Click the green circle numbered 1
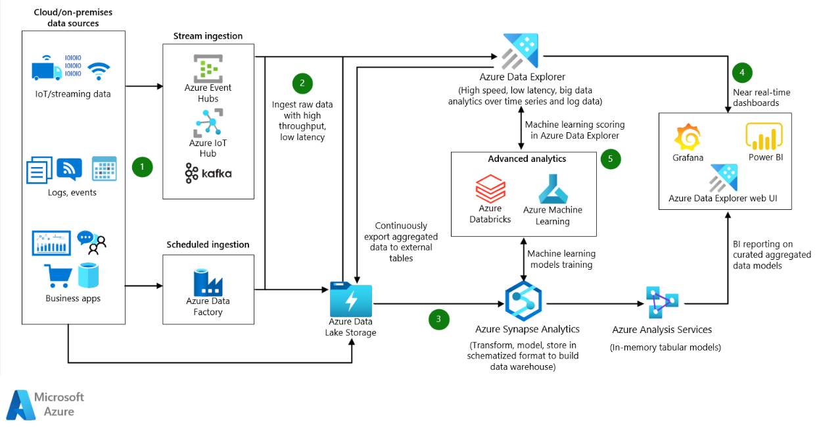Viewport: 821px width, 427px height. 142,167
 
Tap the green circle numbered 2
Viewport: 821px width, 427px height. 302,83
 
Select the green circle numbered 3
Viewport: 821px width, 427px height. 439,320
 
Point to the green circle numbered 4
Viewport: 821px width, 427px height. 741,72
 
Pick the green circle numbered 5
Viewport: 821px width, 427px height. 610,159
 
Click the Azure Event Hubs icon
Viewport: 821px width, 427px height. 208,68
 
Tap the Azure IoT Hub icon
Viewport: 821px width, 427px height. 208,122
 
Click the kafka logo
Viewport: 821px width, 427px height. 208,173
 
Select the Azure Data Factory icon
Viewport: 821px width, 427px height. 208,282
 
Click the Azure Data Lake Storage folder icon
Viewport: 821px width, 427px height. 351,299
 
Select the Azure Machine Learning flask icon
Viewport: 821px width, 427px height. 552,189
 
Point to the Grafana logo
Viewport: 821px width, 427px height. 688,138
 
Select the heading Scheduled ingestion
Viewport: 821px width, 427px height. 208,245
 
